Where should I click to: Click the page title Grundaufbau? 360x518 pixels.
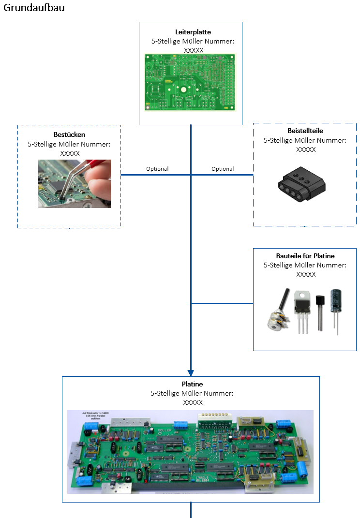pos(33,8)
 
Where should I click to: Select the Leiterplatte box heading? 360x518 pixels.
pos(193,32)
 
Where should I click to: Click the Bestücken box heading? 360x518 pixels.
pos(70,134)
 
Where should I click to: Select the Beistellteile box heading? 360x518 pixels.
pos(305,131)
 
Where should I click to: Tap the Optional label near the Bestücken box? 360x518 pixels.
pos(157,169)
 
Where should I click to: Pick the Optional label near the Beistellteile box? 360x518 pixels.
pos(223,169)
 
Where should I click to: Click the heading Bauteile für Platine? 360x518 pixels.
pos(305,256)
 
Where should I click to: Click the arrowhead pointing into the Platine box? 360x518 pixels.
pos(191,373)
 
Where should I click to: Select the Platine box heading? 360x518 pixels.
pos(192,384)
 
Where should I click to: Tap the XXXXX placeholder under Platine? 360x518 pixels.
pos(193,402)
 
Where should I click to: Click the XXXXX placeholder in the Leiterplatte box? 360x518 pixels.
pos(194,50)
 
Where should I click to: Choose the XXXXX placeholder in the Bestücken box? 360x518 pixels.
pos(70,153)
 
